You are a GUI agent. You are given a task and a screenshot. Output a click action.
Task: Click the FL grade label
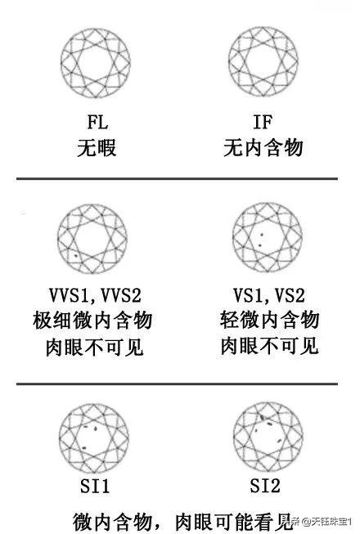97,122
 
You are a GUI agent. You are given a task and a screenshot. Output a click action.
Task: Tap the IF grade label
263,122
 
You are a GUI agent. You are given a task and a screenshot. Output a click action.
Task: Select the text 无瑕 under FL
97,148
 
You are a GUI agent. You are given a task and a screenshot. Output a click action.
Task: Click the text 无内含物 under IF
263,148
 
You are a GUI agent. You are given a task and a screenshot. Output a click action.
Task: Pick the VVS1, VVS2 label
95,295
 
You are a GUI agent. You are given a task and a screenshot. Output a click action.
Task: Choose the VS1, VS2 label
269,295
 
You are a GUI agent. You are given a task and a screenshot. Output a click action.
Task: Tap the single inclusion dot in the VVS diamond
76,255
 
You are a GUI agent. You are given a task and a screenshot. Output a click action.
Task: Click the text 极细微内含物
92,321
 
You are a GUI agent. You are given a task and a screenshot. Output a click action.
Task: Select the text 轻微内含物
269,320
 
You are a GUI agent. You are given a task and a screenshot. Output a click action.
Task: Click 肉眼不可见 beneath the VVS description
95,347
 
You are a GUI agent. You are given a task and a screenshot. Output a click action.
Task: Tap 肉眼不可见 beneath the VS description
269,346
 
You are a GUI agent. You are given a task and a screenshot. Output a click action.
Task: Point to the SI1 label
95,486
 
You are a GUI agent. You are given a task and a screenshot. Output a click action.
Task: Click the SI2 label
265,486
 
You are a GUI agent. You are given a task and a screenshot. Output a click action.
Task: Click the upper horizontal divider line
177,178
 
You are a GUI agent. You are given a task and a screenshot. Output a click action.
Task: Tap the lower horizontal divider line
177,384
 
